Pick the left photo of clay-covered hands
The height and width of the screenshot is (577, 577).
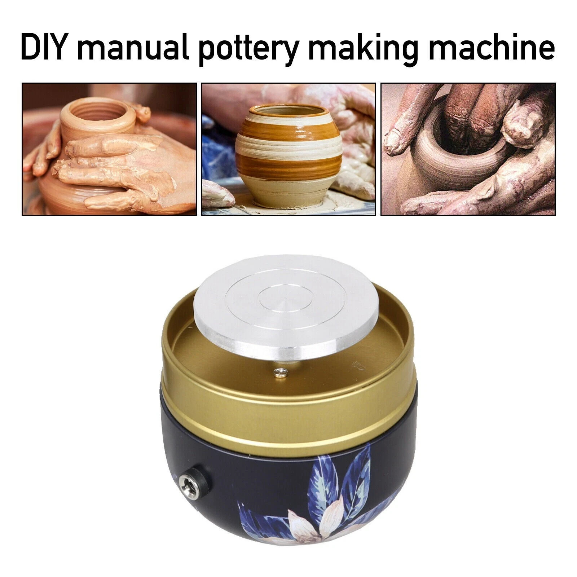click(x=109, y=149)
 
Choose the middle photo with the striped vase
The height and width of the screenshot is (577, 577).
click(x=288, y=149)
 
